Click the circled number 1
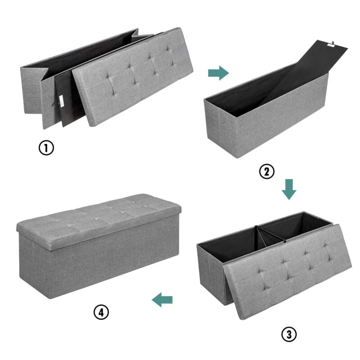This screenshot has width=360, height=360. pyautogui.click(x=46, y=148)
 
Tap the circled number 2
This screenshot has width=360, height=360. pyautogui.click(x=266, y=171)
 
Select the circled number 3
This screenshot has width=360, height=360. pyautogui.click(x=289, y=334)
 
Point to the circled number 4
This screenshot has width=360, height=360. pyautogui.click(x=101, y=312)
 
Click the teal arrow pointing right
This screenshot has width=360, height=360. pyautogui.click(x=218, y=73)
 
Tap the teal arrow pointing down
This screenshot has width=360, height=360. pyautogui.click(x=289, y=189)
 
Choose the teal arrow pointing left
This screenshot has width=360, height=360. pyautogui.click(x=162, y=300)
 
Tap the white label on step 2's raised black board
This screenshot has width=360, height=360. pyautogui.click(x=331, y=46)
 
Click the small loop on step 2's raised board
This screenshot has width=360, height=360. pyautogui.click(x=333, y=43)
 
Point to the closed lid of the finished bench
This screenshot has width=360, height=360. pyautogui.click(x=99, y=220)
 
